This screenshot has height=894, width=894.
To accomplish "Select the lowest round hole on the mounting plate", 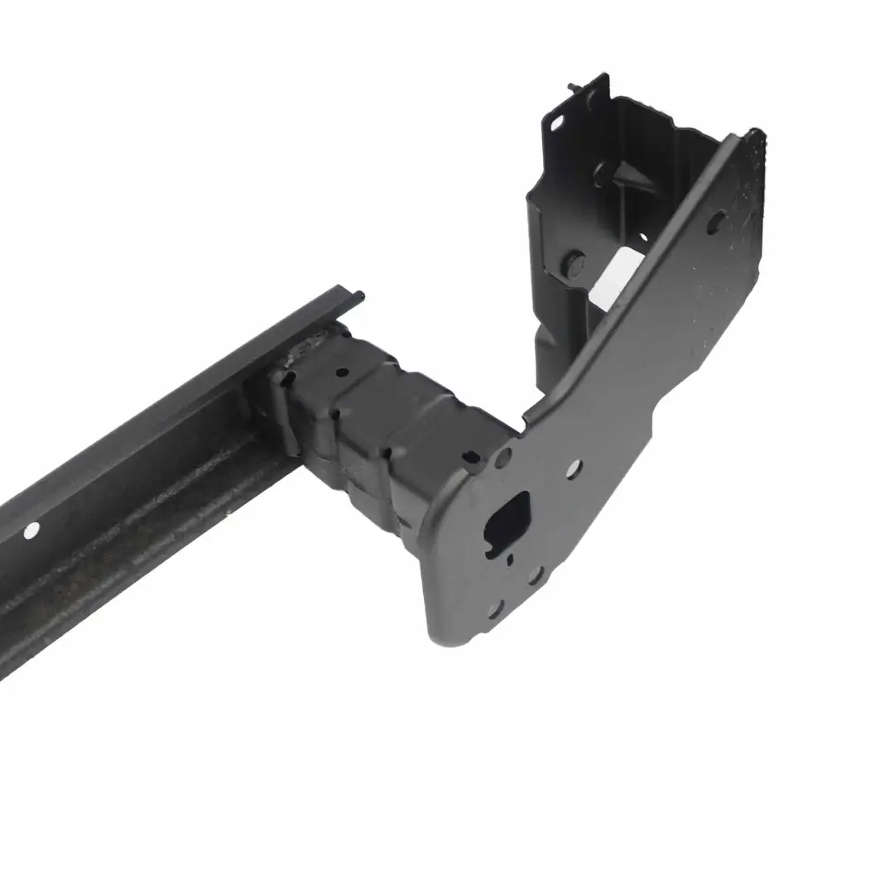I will pos(494,611).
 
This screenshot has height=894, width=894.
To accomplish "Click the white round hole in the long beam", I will pos(31,531).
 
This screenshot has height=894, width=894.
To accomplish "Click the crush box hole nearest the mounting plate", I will pos(470,457).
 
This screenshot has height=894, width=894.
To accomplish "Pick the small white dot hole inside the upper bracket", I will pos(643,238).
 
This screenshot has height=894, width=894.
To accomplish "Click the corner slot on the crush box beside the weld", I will pos(287,381).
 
